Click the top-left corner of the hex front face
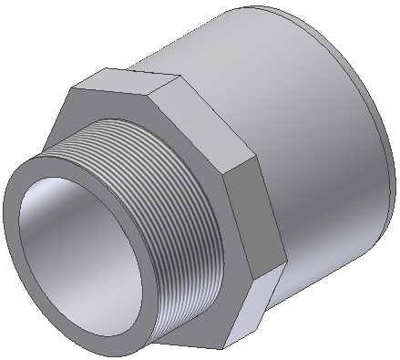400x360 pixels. pyautogui.click(x=72, y=89)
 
